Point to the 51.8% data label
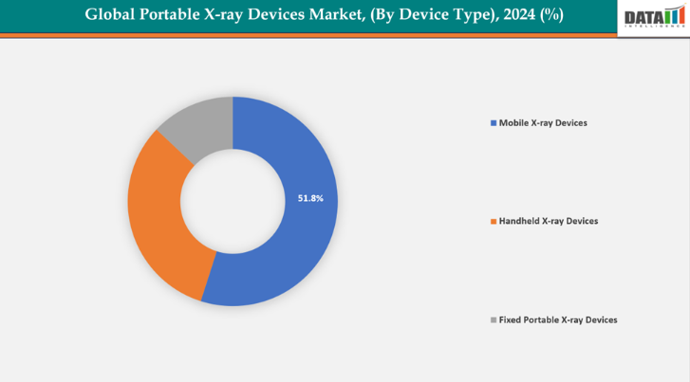point(310,199)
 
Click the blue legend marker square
point(493,123)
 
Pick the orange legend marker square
point(493,221)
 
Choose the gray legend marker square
point(493,320)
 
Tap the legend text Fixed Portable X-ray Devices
point(558,320)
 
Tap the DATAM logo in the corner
point(653,17)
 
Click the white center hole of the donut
point(233,201)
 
